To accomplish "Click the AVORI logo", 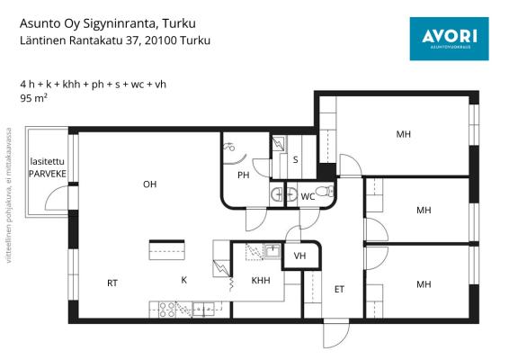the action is [x=450, y=39].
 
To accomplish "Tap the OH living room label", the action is [x=149, y=184].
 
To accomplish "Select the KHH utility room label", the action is [x=261, y=281].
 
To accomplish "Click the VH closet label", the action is [x=299, y=256].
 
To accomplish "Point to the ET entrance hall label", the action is [x=339, y=289].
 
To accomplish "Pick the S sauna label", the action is [x=295, y=160].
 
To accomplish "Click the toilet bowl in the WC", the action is [x=325, y=191].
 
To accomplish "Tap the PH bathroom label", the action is [x=244, y=175].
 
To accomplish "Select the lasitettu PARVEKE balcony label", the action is [x=48, y=167].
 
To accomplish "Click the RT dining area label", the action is [x=112, y=283].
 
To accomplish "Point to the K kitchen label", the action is [x=184, y=280].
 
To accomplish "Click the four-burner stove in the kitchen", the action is [x=167, y=310].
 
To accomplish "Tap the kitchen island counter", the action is [x=167, y=250].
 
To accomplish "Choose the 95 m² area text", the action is [x=34, y=98].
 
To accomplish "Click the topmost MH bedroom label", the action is [x=404, y=134].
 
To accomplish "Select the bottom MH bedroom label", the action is [x=424, y=284].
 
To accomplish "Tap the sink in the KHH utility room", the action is [x=272, y=251].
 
